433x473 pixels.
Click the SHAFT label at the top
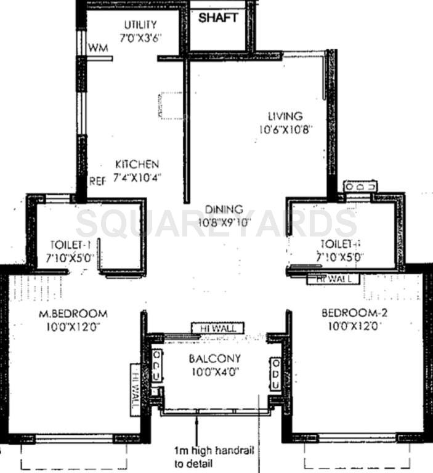tap(217, 18)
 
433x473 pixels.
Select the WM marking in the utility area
tap(95, 48)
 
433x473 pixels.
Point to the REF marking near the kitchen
tap(97, 181)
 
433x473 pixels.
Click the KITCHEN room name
tap(137, 164)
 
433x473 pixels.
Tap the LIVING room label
tap(285, 116)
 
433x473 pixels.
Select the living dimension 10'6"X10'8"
tap(284, 130)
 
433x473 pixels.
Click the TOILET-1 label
tap(69, 243)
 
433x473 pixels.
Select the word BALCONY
tap(214, 358)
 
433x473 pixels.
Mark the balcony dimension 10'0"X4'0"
tap(214, 371)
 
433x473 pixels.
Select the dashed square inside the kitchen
tap(171, 105)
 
